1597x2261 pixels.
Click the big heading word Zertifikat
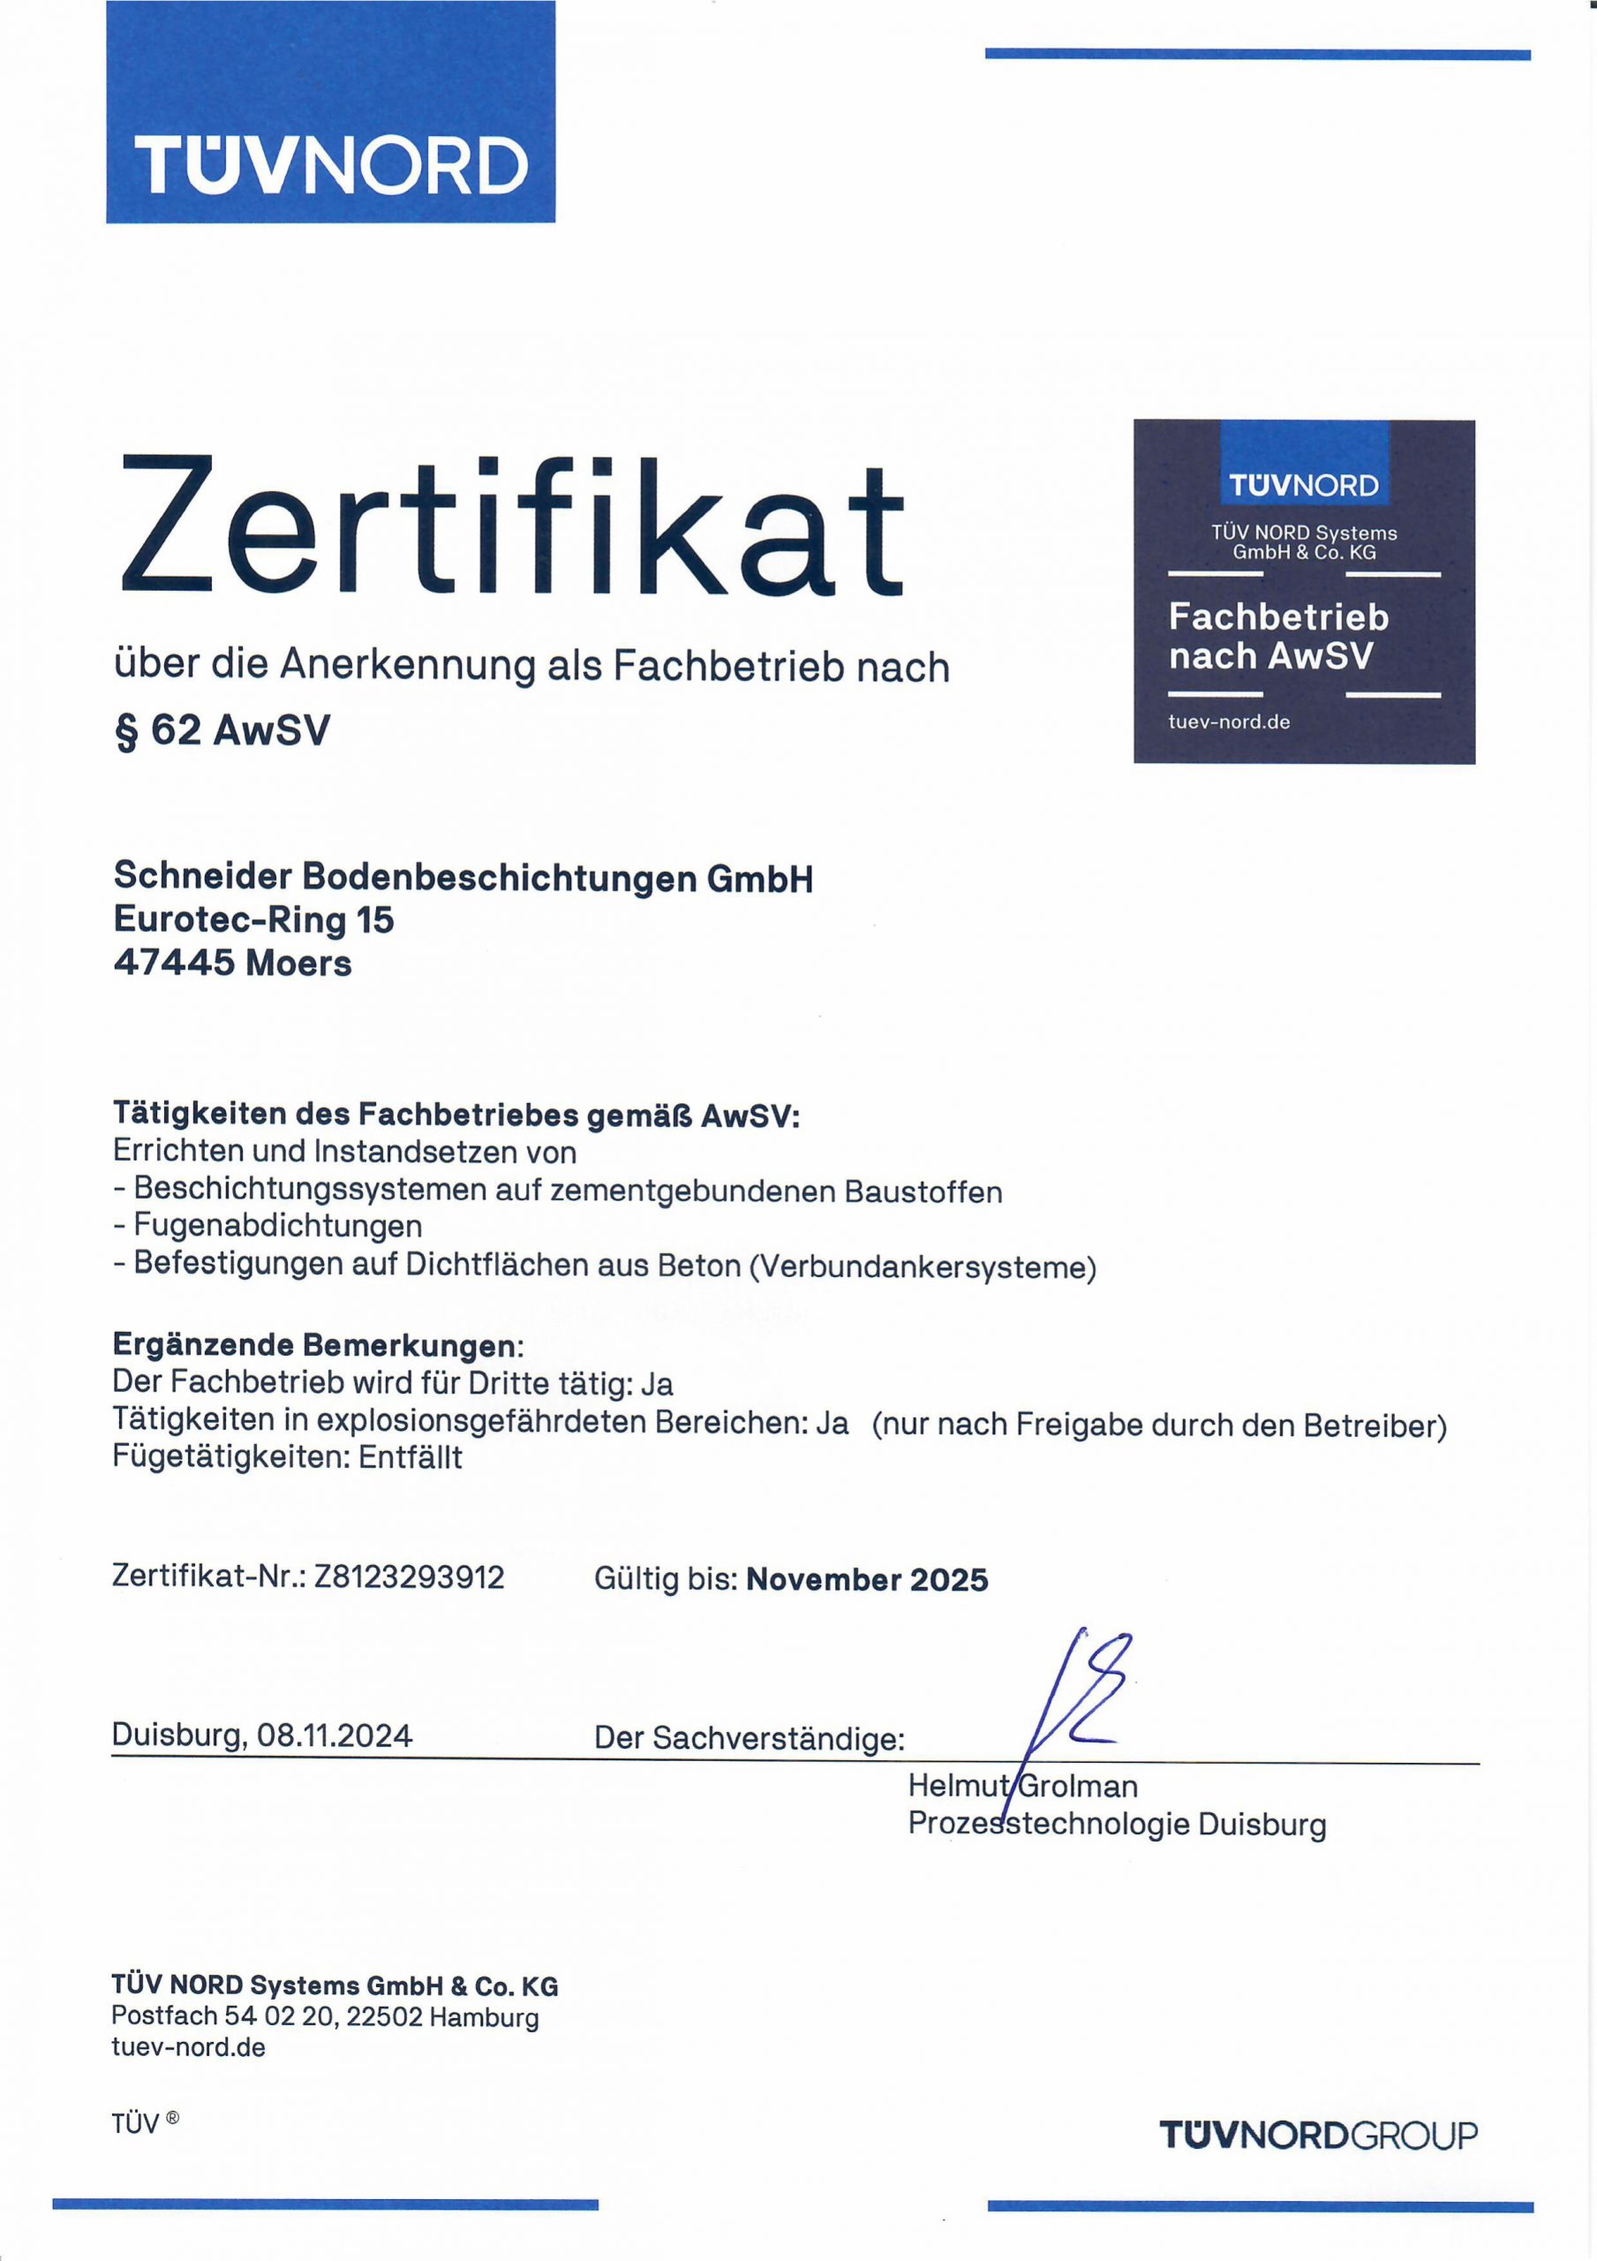(x=512, y=529)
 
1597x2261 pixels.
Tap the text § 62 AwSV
(x=222, y=730)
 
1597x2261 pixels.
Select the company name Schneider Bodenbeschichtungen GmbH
(x=463, y=876)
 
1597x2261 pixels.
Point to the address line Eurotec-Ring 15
(x=254, y=919)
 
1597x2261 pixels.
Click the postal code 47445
(x=174, y=962)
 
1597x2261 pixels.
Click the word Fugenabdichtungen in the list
(x=278, y=1226)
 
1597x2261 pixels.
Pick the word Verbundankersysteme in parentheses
(x=923, y=1267)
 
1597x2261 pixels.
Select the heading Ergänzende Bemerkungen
(x=316, y=1344)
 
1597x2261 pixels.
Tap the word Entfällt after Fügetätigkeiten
(x=411, y=1456)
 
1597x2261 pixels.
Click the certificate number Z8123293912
(x=409, y=1577)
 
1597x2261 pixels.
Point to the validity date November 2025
(x=866, y=1579)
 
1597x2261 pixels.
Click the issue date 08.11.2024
(x=334, y=1734)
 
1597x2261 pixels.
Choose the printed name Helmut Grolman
(x=1023, y=1785)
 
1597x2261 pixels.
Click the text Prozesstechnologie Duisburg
(x=1117, y=1824)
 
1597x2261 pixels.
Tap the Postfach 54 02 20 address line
(x=325, y=2016)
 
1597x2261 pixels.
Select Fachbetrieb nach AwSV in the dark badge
(x=1277, y=636)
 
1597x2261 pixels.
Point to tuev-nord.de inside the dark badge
(x=1229, y=722)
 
